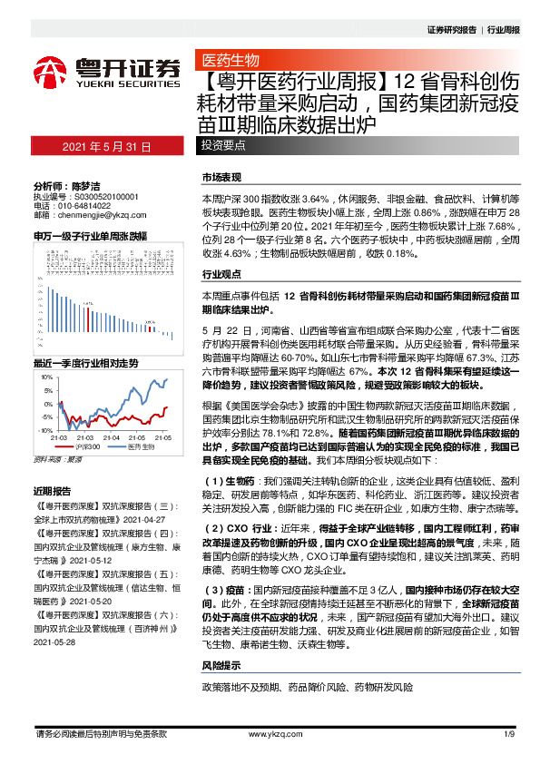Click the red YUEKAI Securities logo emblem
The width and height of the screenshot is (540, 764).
pos(53,67)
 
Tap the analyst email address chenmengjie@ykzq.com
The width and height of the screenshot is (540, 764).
pos(96,215)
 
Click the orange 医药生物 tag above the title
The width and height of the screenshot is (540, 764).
pos(230,61)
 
